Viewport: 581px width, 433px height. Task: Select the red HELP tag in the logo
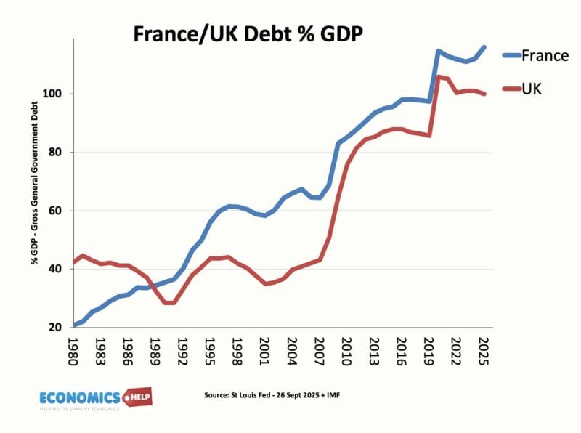point(137,397)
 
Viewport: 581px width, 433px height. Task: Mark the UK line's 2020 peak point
point(438,76)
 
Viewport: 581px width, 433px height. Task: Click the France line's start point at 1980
point(75,325)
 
